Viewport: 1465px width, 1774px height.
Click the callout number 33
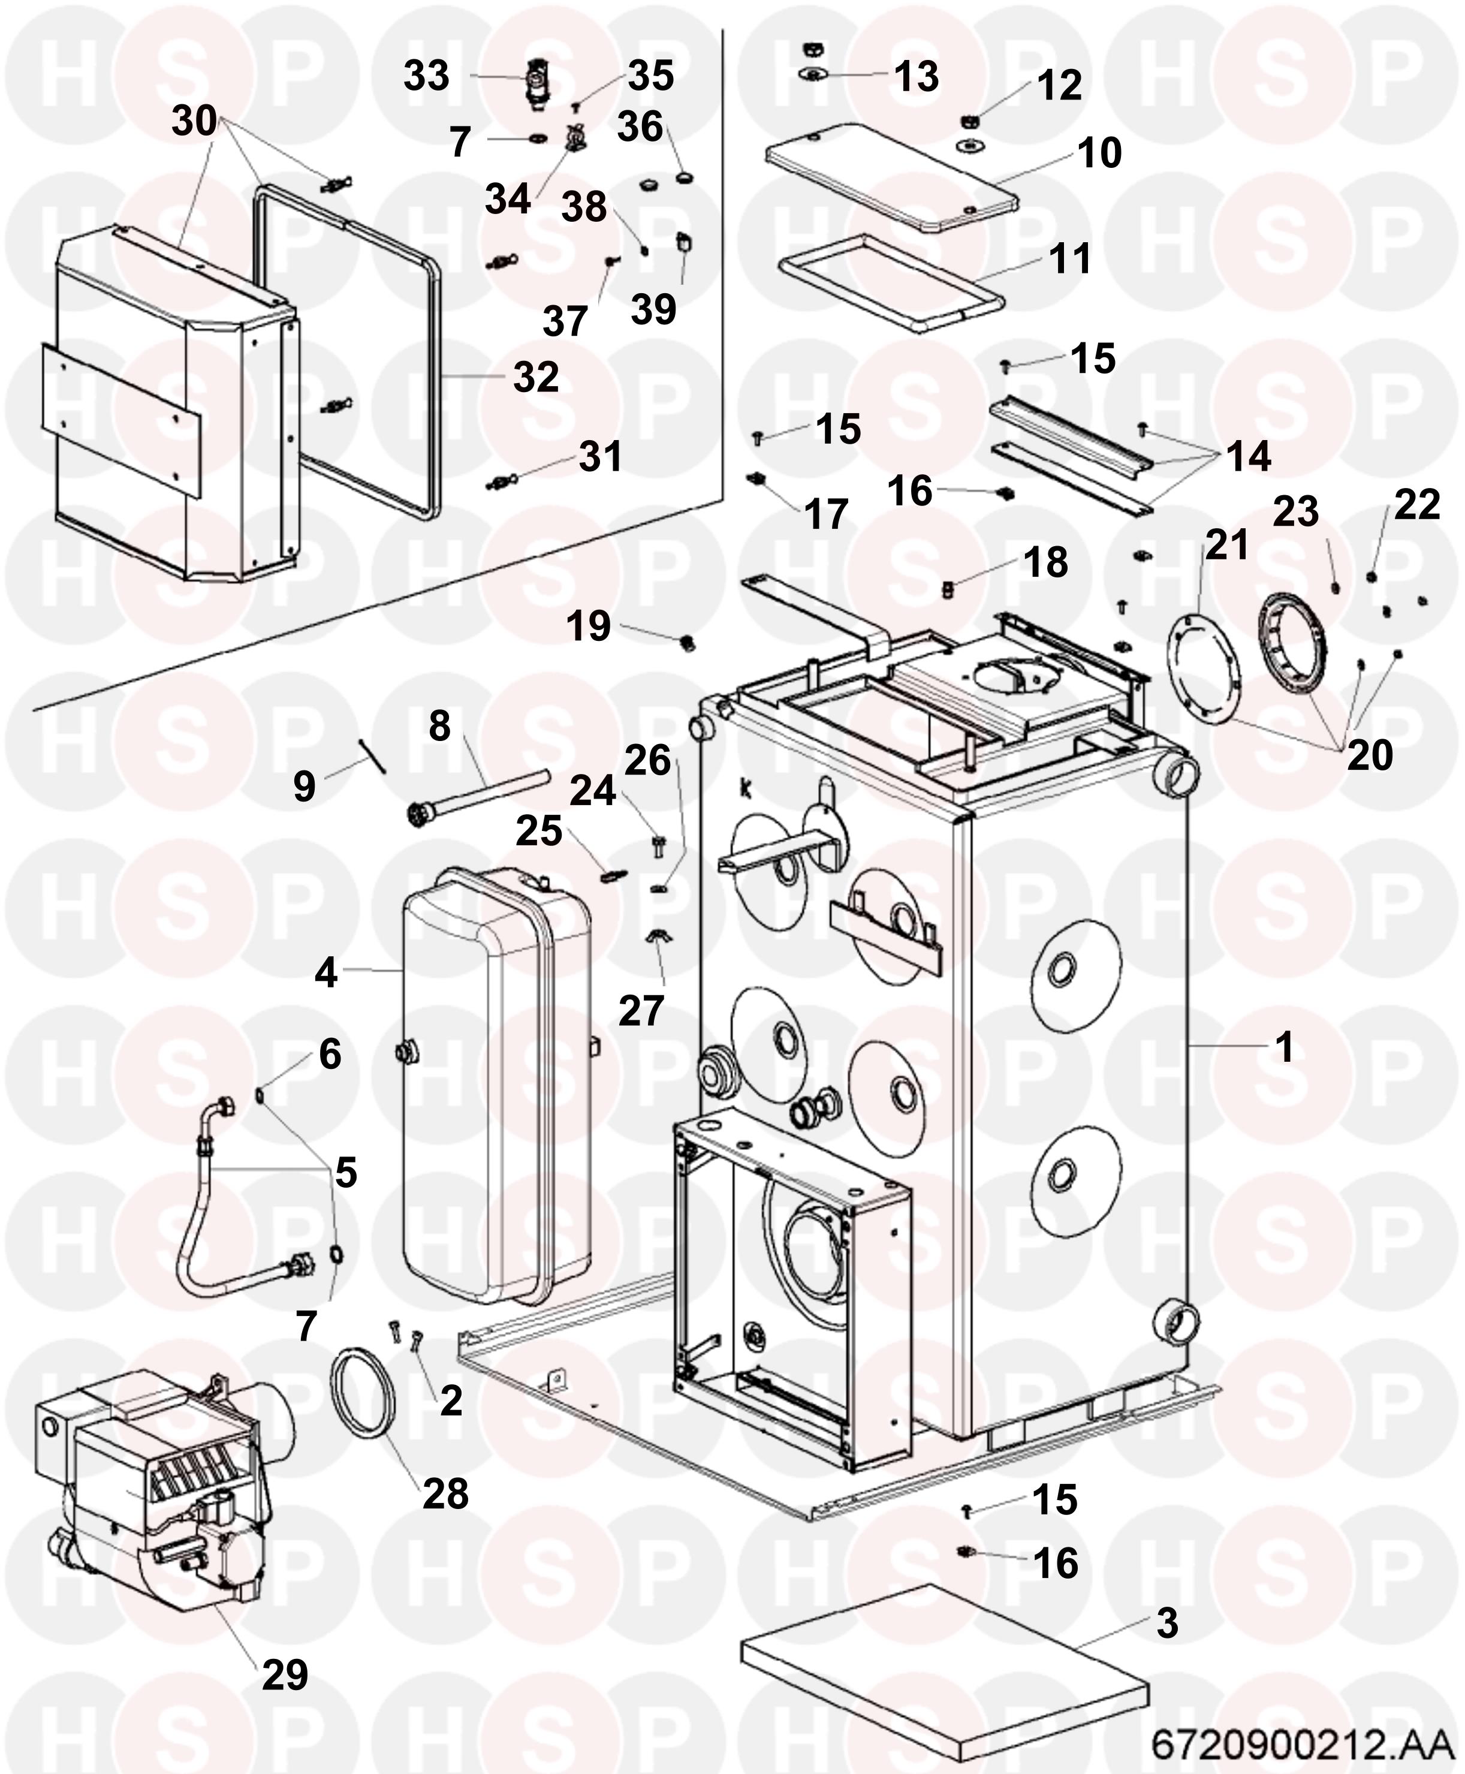click(426, 76)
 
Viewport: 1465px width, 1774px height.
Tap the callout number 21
click(1226, 544)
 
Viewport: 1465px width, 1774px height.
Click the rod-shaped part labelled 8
click(481, 793)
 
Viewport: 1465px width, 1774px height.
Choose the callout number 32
click(536, 377)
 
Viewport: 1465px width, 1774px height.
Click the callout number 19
click(588, 627)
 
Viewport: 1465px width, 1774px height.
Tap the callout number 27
click(641, 1010)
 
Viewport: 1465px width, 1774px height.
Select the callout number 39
click(653, 310)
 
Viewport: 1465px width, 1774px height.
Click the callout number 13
click(917, 76)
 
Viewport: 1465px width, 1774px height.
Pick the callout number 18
click(1045, 563)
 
